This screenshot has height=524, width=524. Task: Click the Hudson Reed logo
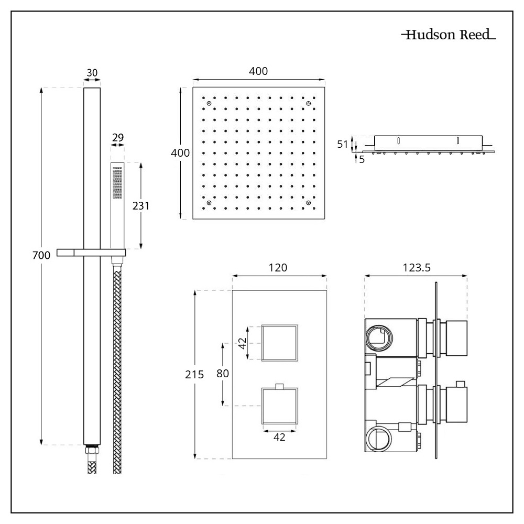coord(449,36)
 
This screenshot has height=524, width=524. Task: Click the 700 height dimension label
coord(41,256)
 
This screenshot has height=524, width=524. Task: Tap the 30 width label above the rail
coord(92,73)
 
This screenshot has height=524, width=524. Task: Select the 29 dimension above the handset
coord(118,137)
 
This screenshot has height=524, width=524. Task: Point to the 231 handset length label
coord(141,206)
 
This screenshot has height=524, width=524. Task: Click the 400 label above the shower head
coord(259,71)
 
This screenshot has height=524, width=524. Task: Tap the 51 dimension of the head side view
coord(343,144)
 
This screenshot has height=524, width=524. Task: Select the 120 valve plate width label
coord(278,267)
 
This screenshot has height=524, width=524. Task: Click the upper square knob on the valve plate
coord(280,343)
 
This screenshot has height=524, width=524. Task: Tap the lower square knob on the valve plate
coord(280,406)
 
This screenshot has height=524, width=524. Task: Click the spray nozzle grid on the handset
coord(117,183)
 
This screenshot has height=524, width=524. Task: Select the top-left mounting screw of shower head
coord(209,103)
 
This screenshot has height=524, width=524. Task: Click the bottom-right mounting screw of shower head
coord(309,202)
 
